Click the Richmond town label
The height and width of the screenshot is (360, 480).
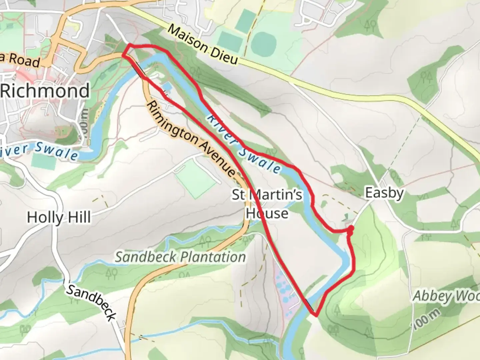click(x=45, y=91)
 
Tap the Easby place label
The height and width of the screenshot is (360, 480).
click(x=384, y=193)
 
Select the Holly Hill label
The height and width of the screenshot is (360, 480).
click(x=59, y=217)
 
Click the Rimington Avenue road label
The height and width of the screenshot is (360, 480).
click(x=191, y=139)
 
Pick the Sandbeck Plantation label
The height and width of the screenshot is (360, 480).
click(x=180, y=257)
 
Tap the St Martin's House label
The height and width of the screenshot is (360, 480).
click(x=267, y=204)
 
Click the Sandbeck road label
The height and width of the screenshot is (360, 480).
click(x=91, y=303)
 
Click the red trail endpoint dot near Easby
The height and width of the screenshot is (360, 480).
click(x=350, y=228)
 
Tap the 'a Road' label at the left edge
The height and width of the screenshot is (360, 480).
click(x=20, y=60)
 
